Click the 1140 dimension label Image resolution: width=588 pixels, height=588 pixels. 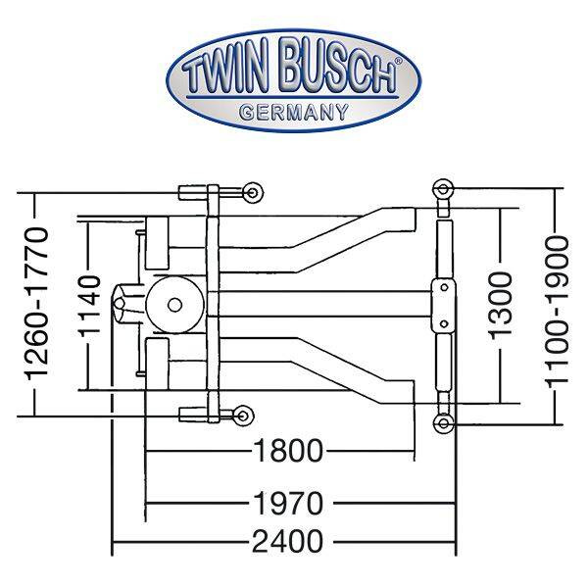89,307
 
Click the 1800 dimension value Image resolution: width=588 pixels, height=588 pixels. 287,453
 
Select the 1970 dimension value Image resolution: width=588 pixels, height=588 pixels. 287,504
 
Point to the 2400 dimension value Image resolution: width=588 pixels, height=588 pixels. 287,541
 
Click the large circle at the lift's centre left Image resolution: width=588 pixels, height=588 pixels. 175,304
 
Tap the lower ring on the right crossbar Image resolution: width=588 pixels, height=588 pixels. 443,422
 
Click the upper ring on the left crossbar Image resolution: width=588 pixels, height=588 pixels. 253,190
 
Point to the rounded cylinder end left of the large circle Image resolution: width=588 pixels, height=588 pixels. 124,305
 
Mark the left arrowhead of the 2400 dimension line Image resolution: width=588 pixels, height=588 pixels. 117,541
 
